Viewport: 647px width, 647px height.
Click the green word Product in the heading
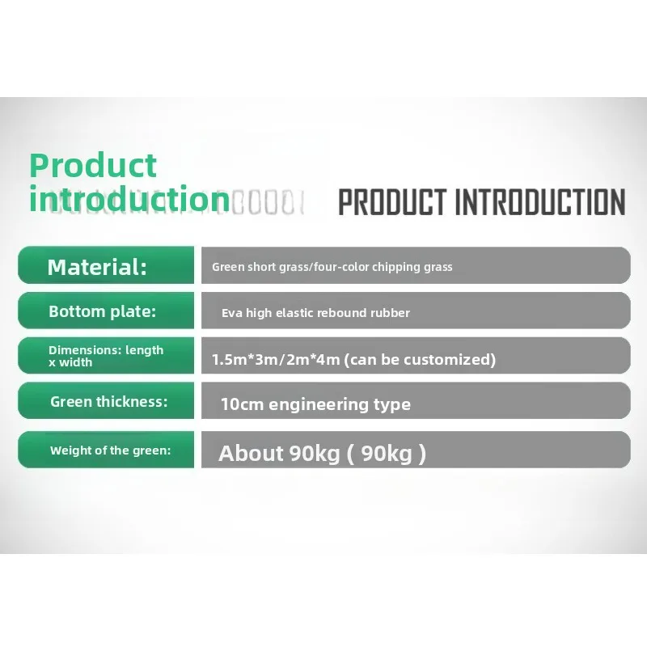(x=93, y=166)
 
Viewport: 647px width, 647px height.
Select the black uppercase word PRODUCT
(x=392, y=202)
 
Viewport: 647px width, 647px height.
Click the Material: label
(x=97, y=267)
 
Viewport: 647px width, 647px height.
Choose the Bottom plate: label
(x=102, y=311)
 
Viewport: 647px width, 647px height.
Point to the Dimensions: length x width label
(x=106, y=356)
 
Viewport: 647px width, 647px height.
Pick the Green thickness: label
(x=108, y=401)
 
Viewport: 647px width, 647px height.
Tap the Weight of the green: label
(x=110, y=450)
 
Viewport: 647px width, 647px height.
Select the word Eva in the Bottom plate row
(x=232, y=313)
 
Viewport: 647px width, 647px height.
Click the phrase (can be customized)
(x=420, y=359)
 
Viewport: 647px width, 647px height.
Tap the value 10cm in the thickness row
(x=242, y=404)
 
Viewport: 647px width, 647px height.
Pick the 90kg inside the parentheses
(x=387, y=454)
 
